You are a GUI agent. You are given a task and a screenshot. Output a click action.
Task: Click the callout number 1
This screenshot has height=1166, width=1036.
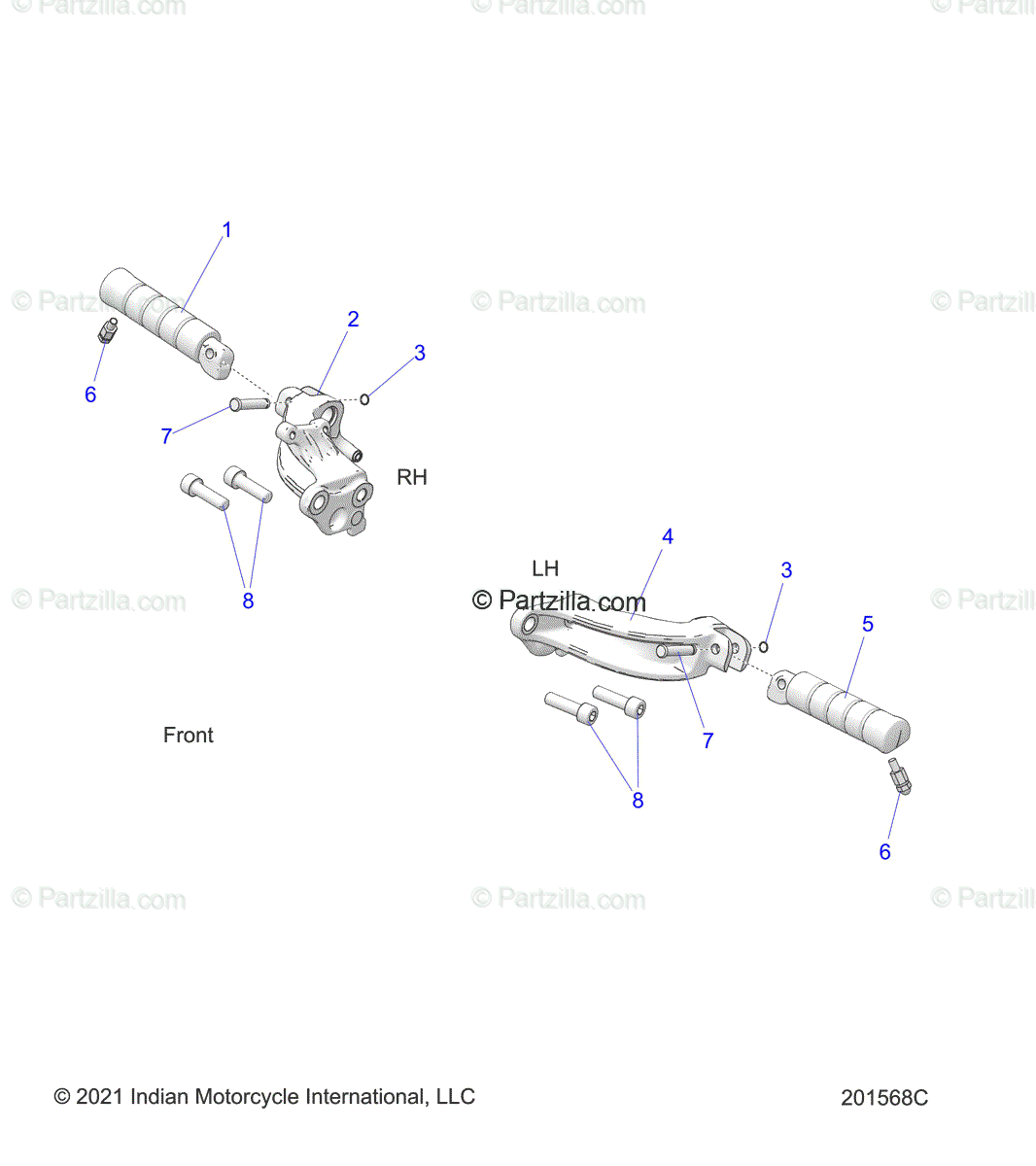(x=226, y=230)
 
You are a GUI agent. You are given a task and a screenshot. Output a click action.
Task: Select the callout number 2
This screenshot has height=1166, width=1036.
(x=353, y=319)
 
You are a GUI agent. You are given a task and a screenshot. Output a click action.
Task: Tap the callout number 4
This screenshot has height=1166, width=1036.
(x=668, y=536)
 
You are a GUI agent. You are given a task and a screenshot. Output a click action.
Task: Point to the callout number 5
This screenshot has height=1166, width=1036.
(x=868, y=624)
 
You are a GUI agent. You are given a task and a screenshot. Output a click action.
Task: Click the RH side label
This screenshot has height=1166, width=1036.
(x=412, y=477)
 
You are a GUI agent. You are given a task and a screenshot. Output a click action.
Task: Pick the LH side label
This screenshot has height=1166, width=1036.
(x=545, y=568)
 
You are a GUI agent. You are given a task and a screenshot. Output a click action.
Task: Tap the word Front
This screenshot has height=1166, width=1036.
(x=189, y=736)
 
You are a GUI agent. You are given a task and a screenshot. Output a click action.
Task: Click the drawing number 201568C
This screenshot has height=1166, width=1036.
(x=884, y=1098)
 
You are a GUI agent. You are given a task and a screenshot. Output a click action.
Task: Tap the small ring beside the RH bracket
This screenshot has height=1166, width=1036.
(x=364, y=399)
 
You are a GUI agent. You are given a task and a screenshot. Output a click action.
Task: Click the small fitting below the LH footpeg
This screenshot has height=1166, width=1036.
(x=899, y=777)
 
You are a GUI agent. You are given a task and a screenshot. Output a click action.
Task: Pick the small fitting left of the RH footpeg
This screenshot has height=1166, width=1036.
(x=107, y=331)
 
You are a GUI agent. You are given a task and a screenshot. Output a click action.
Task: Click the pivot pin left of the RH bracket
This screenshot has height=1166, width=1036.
(x=249, y=403)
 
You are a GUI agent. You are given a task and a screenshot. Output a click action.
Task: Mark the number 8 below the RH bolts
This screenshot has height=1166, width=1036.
(x=248, y=601)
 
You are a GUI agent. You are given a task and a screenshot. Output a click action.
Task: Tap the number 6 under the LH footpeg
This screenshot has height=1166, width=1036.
(x=884, y=852)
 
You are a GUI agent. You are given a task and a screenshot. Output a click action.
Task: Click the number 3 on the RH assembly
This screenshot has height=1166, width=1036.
(x=420, y=353)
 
